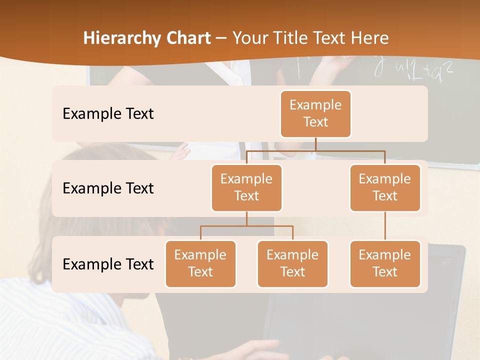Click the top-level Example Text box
click(x=315, y=114)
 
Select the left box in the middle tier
click(x=246, y=187)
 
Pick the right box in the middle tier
click(x=385, y=187)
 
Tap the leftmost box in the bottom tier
click(x=200, y=263)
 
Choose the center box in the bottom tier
click(x=292, y=263)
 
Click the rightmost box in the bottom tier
click(x=385, y=263)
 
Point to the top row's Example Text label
click(x=108, y=114)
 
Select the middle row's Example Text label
click(x=108, y=188)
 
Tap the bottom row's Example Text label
click(x=108, y=264)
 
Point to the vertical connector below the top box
click(x=315, y=144)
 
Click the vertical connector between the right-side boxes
click(x=385, y=226)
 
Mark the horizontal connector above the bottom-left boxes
click(x=246, y=226)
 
